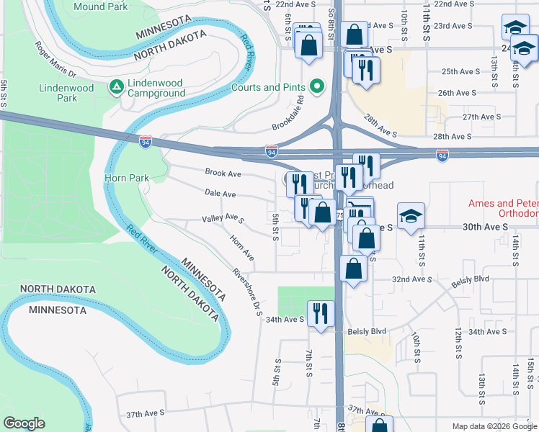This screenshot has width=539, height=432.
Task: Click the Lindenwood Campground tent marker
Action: [115, 86]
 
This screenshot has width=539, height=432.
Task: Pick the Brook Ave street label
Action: [223, 174]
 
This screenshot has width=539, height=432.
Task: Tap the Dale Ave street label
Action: [220, 194]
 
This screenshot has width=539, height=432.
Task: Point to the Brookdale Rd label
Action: [288, 115]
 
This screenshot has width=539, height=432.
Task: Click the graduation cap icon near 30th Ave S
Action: [411, 215]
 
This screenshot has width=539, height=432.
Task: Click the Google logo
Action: [24, 423]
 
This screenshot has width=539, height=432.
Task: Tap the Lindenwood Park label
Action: [66, 93]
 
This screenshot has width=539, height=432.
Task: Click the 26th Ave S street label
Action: [457, 93]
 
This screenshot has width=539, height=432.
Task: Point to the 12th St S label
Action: [458, 343]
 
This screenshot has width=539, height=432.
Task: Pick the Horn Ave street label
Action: [242, 247]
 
